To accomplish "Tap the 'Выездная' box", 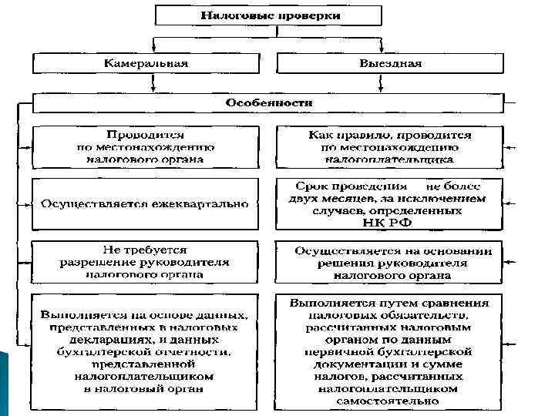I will [x=389, y=64].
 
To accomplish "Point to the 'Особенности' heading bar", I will [x=268, y=102].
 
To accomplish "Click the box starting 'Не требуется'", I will [x=145, y=262].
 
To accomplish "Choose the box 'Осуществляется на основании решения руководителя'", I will [x=388, y=262].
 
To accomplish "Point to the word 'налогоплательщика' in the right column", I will [x=388, y=159].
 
